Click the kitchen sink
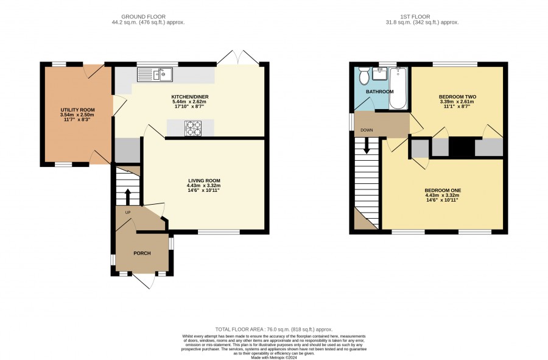(x=155, y=74)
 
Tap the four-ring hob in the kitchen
(x=193, y=128)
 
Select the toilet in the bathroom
(x=364, y=76)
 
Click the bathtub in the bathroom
(x=398, y=88)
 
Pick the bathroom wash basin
(x=379, y=73)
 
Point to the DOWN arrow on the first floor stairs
(x=367, y=146)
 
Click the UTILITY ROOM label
(x=77, y=110)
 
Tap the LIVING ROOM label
(x=204, y=181)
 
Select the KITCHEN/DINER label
(x=190, y=97)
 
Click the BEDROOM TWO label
(x=457, y=97)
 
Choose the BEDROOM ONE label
(x=443, y=191)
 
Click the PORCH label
(x=142, y=253)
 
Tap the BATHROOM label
(x=379, y=91)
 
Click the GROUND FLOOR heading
(x=143, y=16)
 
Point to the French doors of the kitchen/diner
(x=238, y=58)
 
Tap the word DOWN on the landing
(x=367, y=130)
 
